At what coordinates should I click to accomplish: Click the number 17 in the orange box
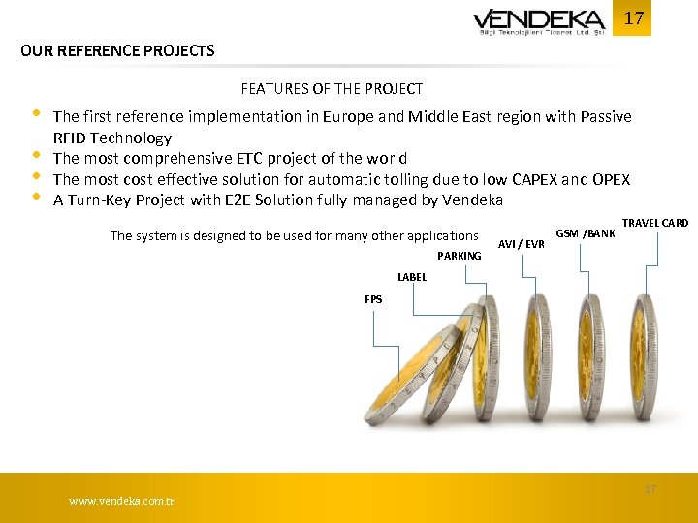(633, 18)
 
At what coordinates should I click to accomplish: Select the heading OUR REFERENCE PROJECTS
(117, 50)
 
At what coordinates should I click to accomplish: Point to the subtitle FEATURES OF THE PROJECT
(332, 89)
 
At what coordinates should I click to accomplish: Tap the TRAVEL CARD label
(654, 223)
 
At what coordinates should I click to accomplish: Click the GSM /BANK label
(585, 233)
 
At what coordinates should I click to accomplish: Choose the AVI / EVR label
(521, 244)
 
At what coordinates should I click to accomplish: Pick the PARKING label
(459, 256)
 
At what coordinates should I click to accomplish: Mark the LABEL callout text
(412, 277)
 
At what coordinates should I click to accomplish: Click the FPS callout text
(373, 299)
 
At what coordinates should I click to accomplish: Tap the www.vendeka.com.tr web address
(121, 501)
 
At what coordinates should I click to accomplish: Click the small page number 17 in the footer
(650, 489)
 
